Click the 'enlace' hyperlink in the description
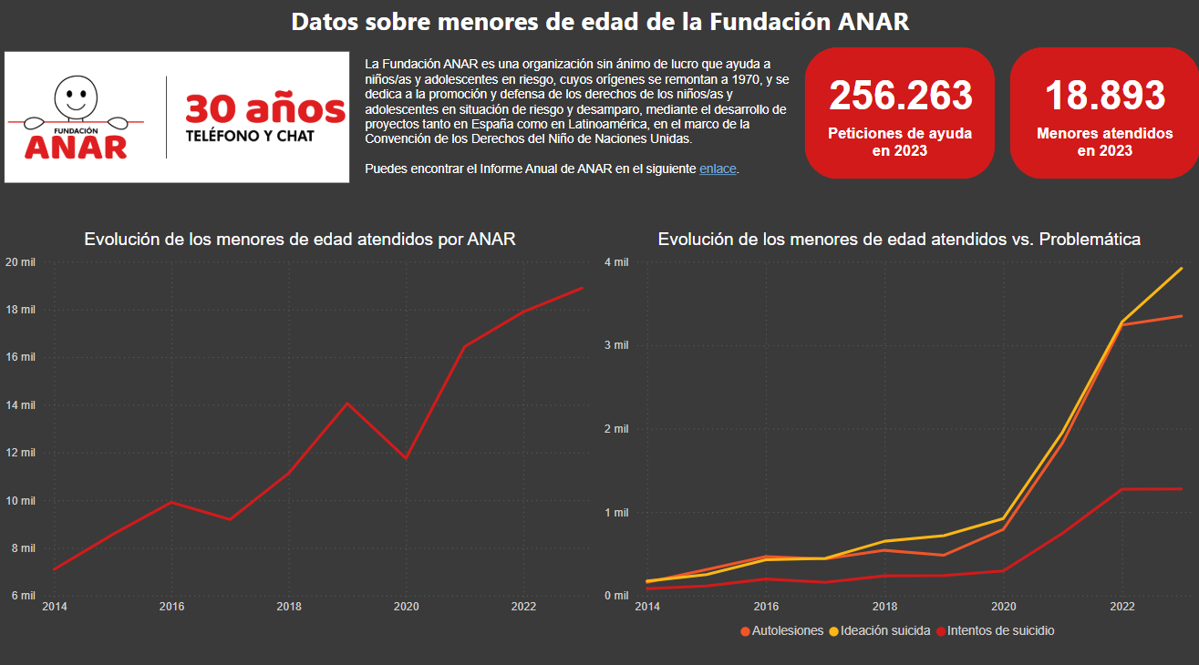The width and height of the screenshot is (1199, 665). (x=718, y=169)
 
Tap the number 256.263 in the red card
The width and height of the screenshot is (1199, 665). (x=900, y=97)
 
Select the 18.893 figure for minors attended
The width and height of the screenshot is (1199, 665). (x=1105, y=97)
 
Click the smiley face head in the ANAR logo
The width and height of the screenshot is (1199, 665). (x=76, y=93)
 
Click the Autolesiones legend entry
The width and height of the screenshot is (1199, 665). (x=783, y=630)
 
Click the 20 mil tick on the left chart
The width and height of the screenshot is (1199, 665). (x=20, y=262)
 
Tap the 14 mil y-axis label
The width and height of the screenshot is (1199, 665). (x=20, y=405)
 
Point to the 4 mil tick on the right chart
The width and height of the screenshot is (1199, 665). (x=616, y=262)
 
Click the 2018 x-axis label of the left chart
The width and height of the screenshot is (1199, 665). (x=289, y=607)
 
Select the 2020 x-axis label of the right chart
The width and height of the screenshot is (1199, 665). (x=1003, y=607)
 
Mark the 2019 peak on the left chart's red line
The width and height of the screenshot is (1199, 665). (x=347, y=403)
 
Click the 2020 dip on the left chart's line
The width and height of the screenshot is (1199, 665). (x=406, y=458)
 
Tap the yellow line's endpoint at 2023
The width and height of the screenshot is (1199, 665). (x=1182, y=269)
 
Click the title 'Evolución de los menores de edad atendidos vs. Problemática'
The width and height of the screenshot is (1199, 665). (x=899, y=240)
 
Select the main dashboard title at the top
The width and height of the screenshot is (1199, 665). (x=600, y=22)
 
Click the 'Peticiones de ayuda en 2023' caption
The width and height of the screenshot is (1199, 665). (x=900, y=141)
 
